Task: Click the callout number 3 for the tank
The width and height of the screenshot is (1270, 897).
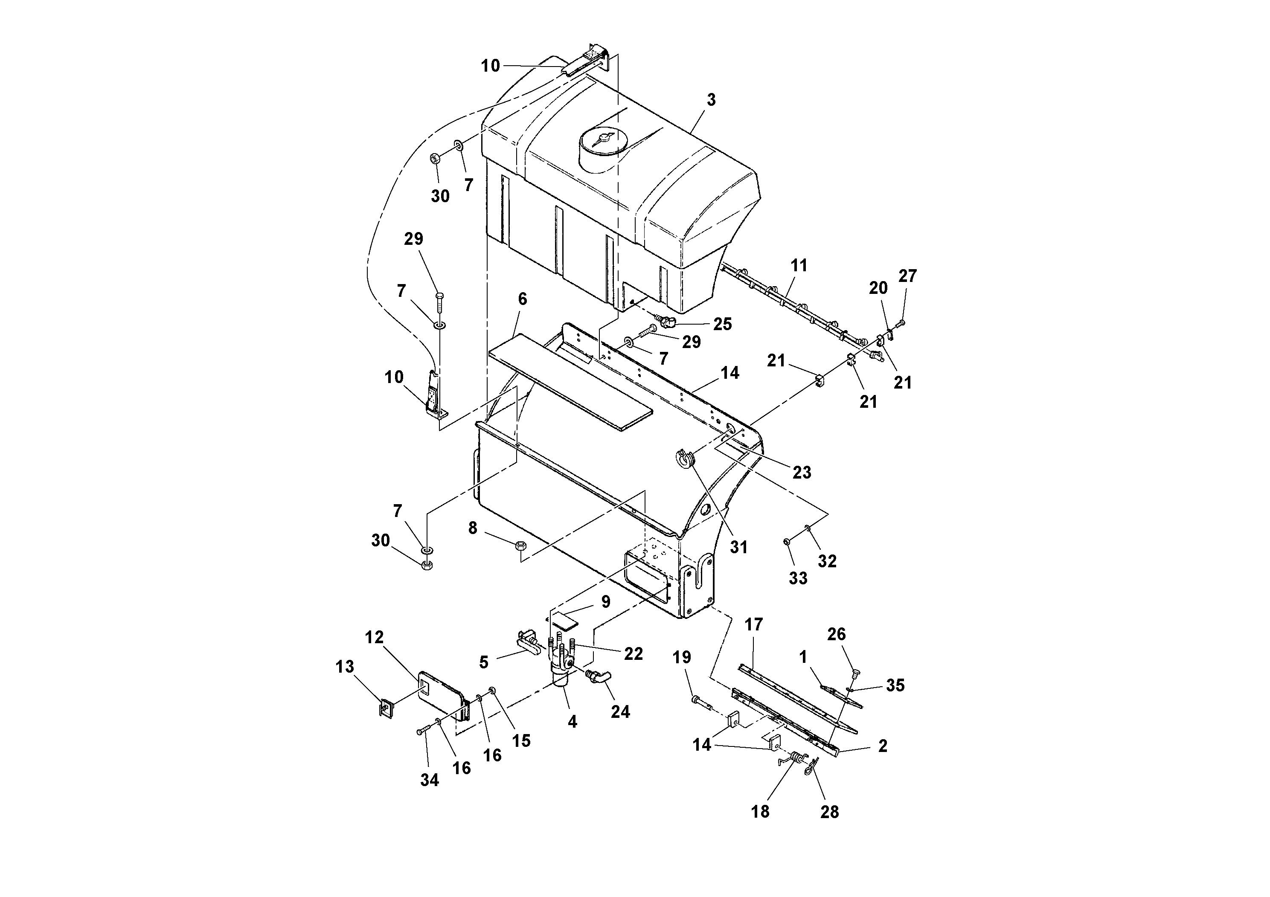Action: pos(711,100)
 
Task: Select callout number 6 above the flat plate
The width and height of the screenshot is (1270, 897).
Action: pos(522,299)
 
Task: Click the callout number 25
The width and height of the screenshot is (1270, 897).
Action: pos(722,324)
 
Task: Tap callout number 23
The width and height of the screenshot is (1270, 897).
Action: pos(802,472)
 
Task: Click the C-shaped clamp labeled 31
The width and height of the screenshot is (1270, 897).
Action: pos(685,459)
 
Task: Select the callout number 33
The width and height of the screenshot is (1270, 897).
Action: pos(798,578)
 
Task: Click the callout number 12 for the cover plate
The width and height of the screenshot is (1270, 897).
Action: pos(375,638)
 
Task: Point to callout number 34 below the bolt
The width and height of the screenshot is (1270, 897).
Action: pos(429,780)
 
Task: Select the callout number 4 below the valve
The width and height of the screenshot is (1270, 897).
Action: pos(572,722)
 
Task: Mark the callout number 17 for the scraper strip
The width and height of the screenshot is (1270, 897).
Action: pos(753,625)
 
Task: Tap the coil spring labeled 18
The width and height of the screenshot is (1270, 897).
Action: pos(795,757)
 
